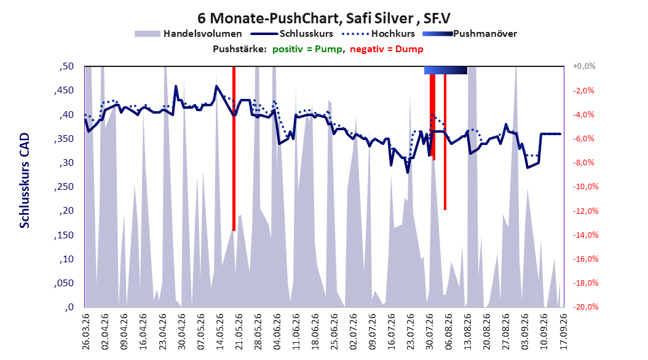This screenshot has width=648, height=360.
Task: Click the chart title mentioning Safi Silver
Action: point(323,18)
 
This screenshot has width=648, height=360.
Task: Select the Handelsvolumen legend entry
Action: point(188,34)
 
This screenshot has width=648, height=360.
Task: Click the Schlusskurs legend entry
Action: point(292,34)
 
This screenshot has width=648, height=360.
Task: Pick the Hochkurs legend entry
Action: point(379,34)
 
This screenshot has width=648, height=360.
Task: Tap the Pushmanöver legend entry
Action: point(470,34)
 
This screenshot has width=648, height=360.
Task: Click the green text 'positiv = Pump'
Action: point(307,49)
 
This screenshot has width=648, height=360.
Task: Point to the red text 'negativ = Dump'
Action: point(387,49)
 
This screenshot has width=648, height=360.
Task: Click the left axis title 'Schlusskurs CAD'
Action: point(25,181)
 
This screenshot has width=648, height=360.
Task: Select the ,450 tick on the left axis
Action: point(64,90)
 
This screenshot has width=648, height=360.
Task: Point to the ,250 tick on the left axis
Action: point(64,187)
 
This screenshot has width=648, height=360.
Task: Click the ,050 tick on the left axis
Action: point(64,283)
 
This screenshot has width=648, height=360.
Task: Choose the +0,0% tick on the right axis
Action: point(584,66)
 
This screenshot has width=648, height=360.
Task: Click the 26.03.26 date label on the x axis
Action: point(86,332)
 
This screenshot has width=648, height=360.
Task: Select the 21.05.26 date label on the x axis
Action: point(239,332)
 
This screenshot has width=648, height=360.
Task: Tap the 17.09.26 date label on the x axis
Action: point(563,332)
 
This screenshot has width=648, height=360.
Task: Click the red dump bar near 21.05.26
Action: point(234,149)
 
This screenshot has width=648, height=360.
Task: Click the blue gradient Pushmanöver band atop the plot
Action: point(446,70)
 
